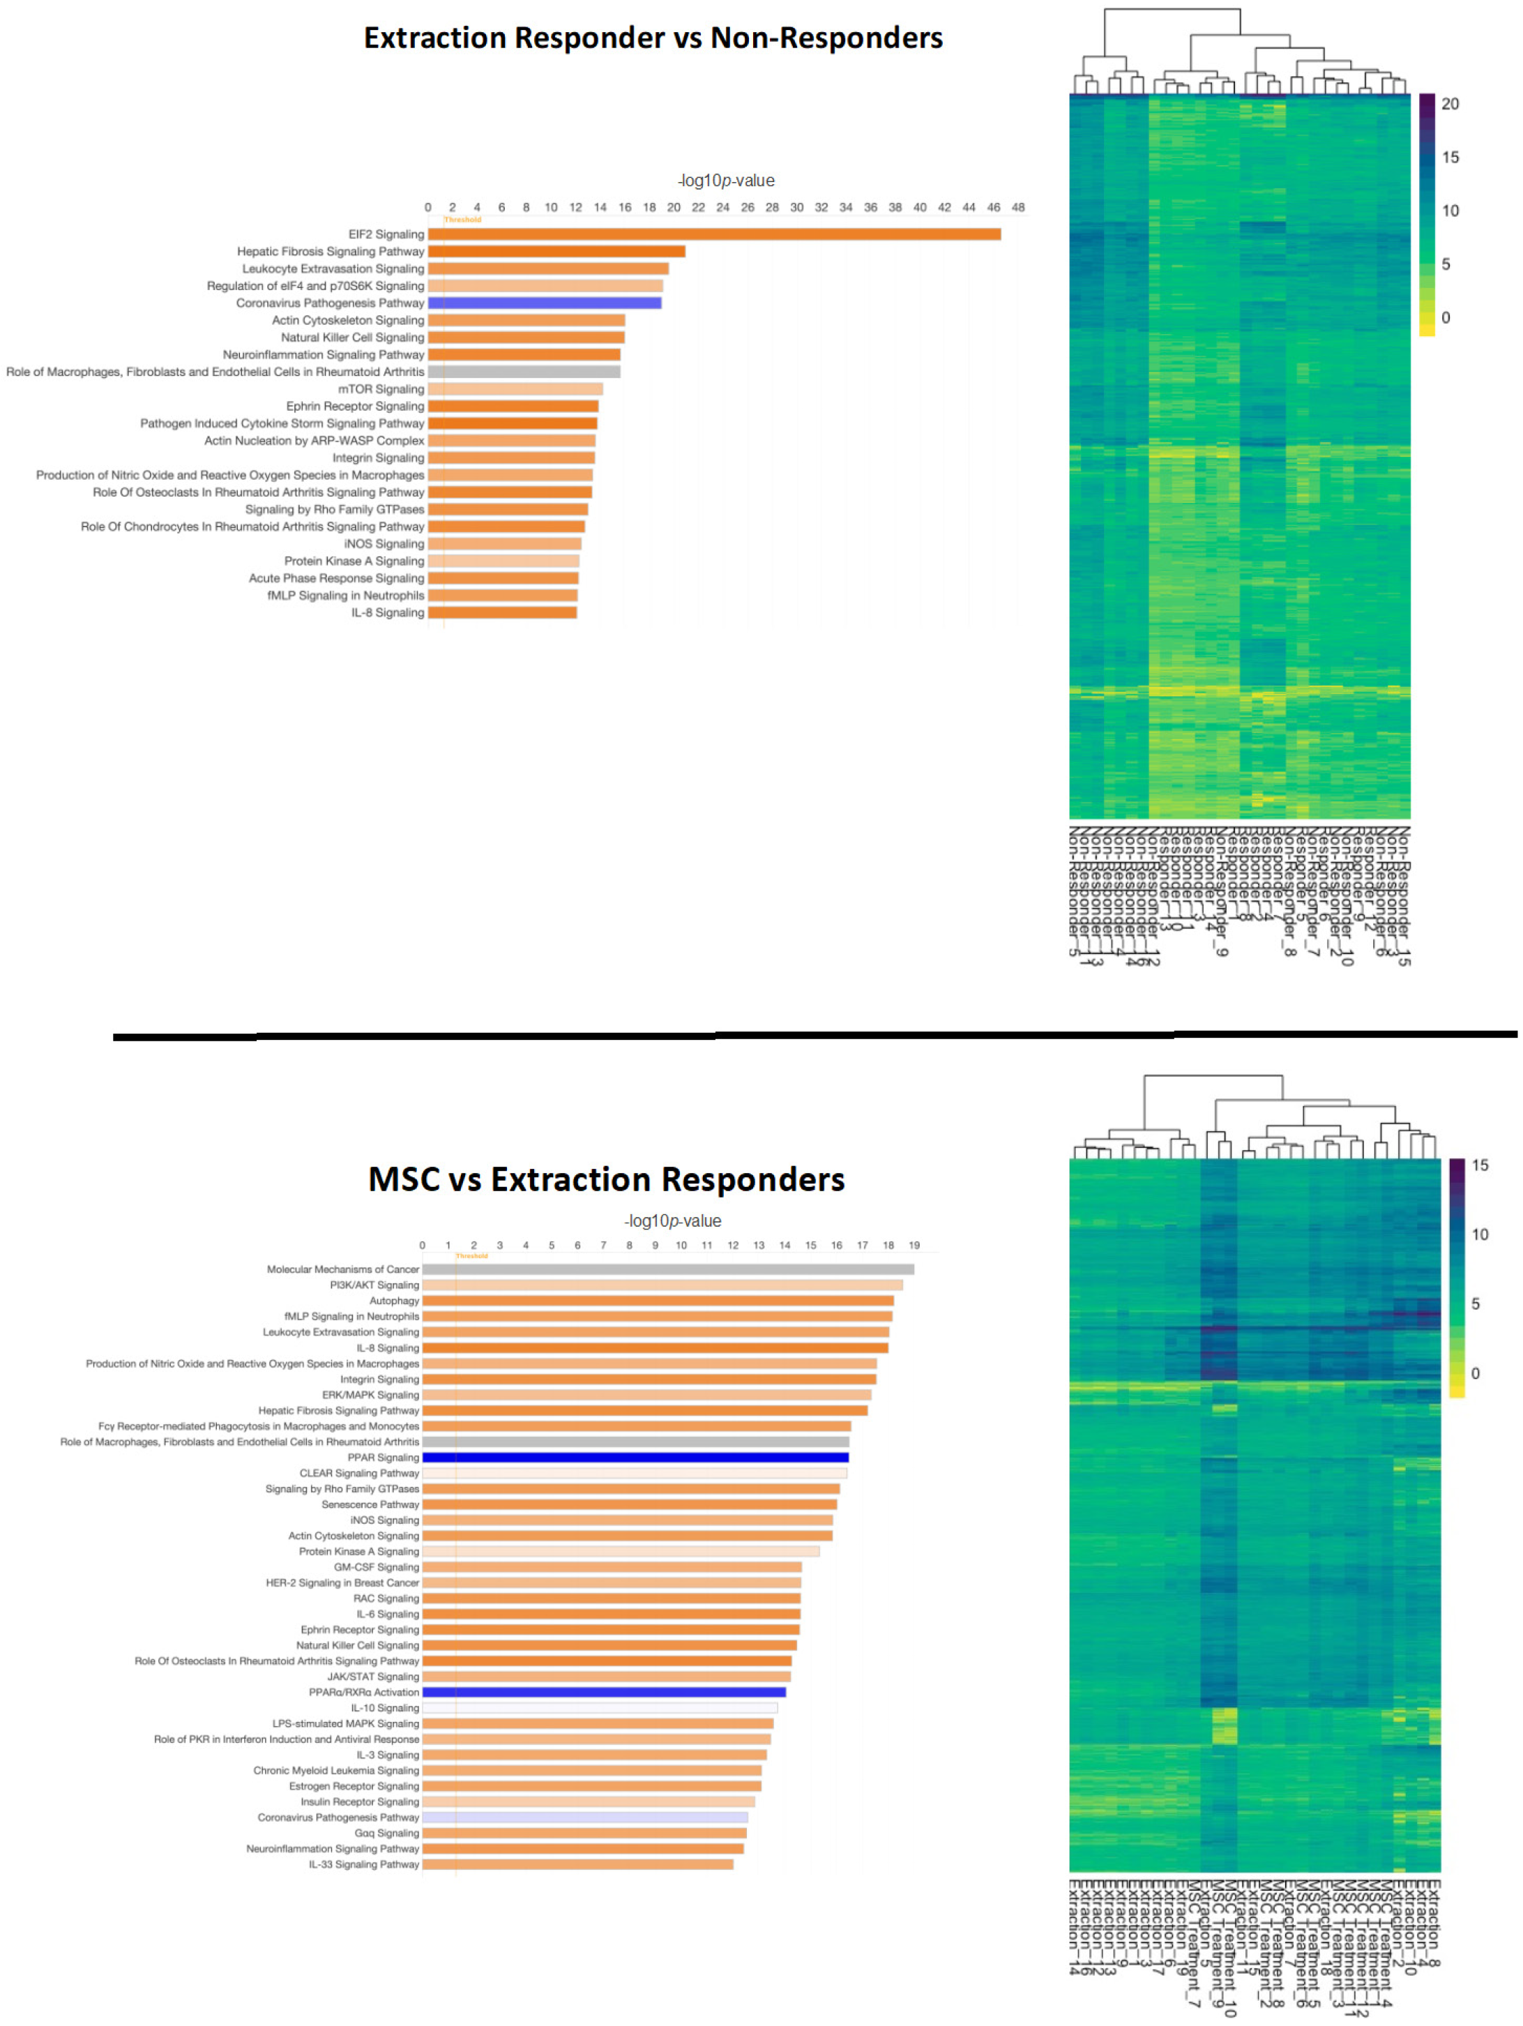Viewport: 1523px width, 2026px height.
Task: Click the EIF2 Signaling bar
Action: [x=714, y=234]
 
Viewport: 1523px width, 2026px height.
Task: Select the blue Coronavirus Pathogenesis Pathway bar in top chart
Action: [x=544, y=303]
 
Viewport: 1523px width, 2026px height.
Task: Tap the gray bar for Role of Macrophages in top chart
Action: [x=524, y=372]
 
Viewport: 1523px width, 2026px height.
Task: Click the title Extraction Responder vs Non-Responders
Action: [x=653, y=38]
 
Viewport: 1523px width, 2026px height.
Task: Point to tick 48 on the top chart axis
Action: [x=1017, y=208]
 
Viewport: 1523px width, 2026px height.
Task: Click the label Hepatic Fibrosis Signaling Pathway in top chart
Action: [x=330, y=252]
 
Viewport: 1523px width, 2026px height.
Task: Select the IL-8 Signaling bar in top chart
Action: [x=502, y=613]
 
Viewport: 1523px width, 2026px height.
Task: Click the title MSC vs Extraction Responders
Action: [x=606, y=1180]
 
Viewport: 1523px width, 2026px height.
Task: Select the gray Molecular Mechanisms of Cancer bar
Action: [x=667, y=1269]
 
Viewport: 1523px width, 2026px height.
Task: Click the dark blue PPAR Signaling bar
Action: [x=635, y=1457]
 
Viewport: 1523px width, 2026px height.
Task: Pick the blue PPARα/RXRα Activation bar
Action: [x=603, y=1693]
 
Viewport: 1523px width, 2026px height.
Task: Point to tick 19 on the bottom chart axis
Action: [x=914, y=1246]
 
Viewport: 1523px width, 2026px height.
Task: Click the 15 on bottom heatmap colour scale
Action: [x=1480, y=1166]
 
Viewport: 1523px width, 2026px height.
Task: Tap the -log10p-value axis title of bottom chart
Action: [x=672, y=1221]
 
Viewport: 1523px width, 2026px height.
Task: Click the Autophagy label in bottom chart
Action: [x=394, y=1301]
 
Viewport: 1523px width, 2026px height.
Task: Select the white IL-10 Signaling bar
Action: [x=599, y=1708]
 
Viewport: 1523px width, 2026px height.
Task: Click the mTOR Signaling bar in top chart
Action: [x=515, y=389]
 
